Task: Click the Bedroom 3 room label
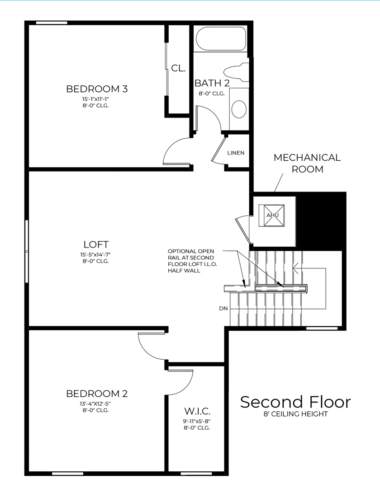(97, 89)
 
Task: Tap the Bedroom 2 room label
(97, 394)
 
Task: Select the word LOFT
(96, 244)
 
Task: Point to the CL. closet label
(178, 68)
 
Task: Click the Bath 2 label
(212, 83)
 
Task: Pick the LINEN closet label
(236, 153)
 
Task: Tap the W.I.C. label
(197, 412)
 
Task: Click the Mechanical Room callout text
(307, 163)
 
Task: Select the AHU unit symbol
(272, 215)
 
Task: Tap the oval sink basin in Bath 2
(239, 109)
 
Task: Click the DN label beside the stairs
(223, 309)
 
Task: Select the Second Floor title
(295, 402)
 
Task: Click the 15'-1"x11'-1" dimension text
(96, 99)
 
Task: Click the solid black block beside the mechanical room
(321, 221)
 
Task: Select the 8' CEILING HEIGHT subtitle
(295, 414)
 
